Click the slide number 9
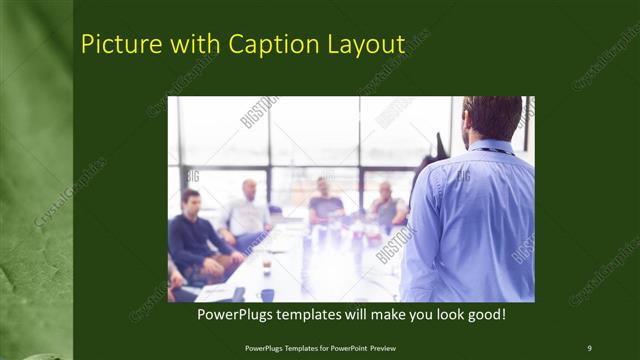coord(589,347)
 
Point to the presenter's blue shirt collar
coord(495,148)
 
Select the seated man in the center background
coord(324,204)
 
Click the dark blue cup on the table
coord(267,294)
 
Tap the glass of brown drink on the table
coord(266,265)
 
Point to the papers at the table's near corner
coord(216,292)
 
